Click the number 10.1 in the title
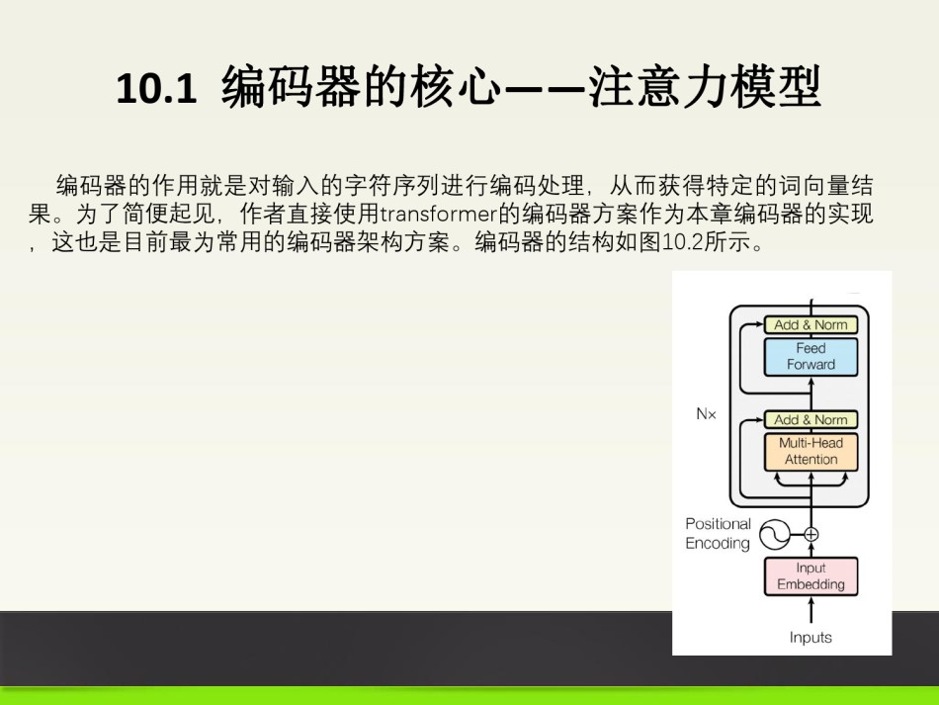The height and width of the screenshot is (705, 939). (x=156, y=89)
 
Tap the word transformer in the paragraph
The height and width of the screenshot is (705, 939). (x=439, y=214)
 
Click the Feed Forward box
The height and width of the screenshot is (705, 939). (x=811, y=356)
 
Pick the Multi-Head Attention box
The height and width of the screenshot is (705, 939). (x=811, y=451)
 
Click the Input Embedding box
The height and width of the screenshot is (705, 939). (x=811, y=576)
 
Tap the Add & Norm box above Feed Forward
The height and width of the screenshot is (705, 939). (x=811, y=324)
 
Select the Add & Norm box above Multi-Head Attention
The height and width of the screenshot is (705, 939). (x=811, y=419)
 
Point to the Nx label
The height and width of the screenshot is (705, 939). (x=706, y=414)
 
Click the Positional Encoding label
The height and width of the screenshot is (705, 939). (x=718, y=533)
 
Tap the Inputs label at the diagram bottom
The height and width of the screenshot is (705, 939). (x=811, y=638)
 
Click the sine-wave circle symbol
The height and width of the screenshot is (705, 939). (x=775, y=534)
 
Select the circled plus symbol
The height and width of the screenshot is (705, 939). (x=811, y=534)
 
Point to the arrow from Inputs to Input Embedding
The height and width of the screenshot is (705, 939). (x=811, y=610)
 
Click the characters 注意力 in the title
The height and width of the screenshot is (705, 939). (x=657, y=87)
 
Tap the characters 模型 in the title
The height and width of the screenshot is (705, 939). (x=775, y=87)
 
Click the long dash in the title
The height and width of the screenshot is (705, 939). (x=545, y=89)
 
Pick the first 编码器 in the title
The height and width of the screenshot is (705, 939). (x=291, y=87)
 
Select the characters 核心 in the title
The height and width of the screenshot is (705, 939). (x=456, y=87)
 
